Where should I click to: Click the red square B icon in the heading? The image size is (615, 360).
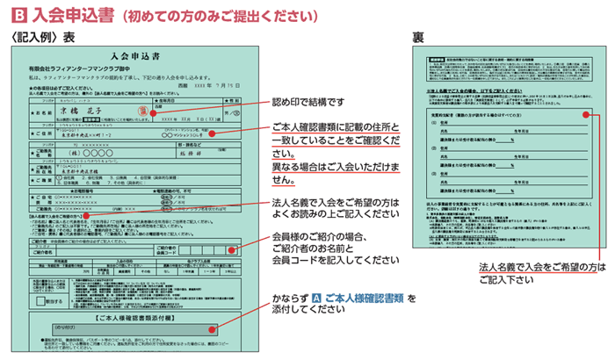(x=14, y=14)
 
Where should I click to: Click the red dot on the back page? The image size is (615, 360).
(x=584, y=113)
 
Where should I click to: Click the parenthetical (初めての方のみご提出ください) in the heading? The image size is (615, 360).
(x=220, y=14)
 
